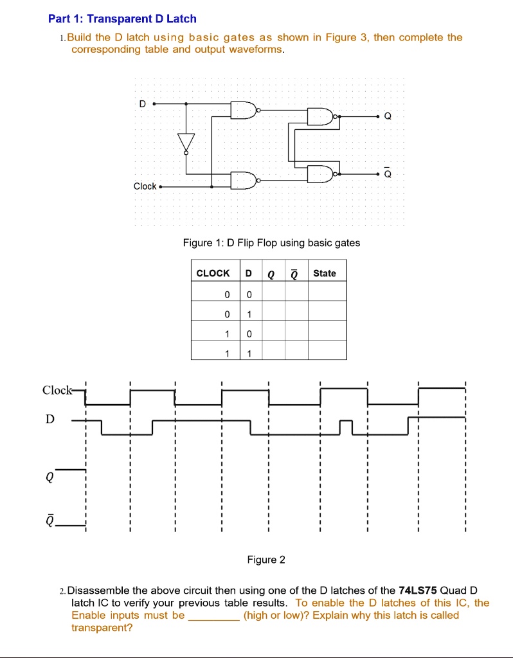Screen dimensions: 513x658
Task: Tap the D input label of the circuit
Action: click(x=143, y=103)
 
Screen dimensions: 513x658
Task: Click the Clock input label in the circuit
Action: click(x=145, y=186)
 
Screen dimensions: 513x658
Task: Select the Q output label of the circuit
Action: click(x=388, y=116)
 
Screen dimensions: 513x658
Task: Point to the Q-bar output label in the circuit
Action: click(x=388, y=173)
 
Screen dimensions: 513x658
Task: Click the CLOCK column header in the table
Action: click(x=213, y=273)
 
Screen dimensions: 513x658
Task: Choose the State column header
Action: click(x=325, y=273)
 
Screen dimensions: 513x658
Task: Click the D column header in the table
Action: click(x=249, y=273)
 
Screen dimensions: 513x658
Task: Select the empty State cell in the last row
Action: click(x=327, y=350)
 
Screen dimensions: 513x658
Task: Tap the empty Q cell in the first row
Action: click(x=274, y=291)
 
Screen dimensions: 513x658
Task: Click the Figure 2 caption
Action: click(x=266, y=560)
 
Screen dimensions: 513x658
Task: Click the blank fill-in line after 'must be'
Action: click(x=214, y=619)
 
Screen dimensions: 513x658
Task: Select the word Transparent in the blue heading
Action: click(x=120, y=19)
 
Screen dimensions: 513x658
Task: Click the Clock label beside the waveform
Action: click(x=57, y=390)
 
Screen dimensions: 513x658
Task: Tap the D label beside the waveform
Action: click(x=50, y=419)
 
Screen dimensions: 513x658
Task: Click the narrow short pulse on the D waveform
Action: click(x=346, y=427)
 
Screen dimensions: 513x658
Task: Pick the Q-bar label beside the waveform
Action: click(x=50, y=521)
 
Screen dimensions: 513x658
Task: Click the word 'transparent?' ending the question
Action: click(x=102, y=628)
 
